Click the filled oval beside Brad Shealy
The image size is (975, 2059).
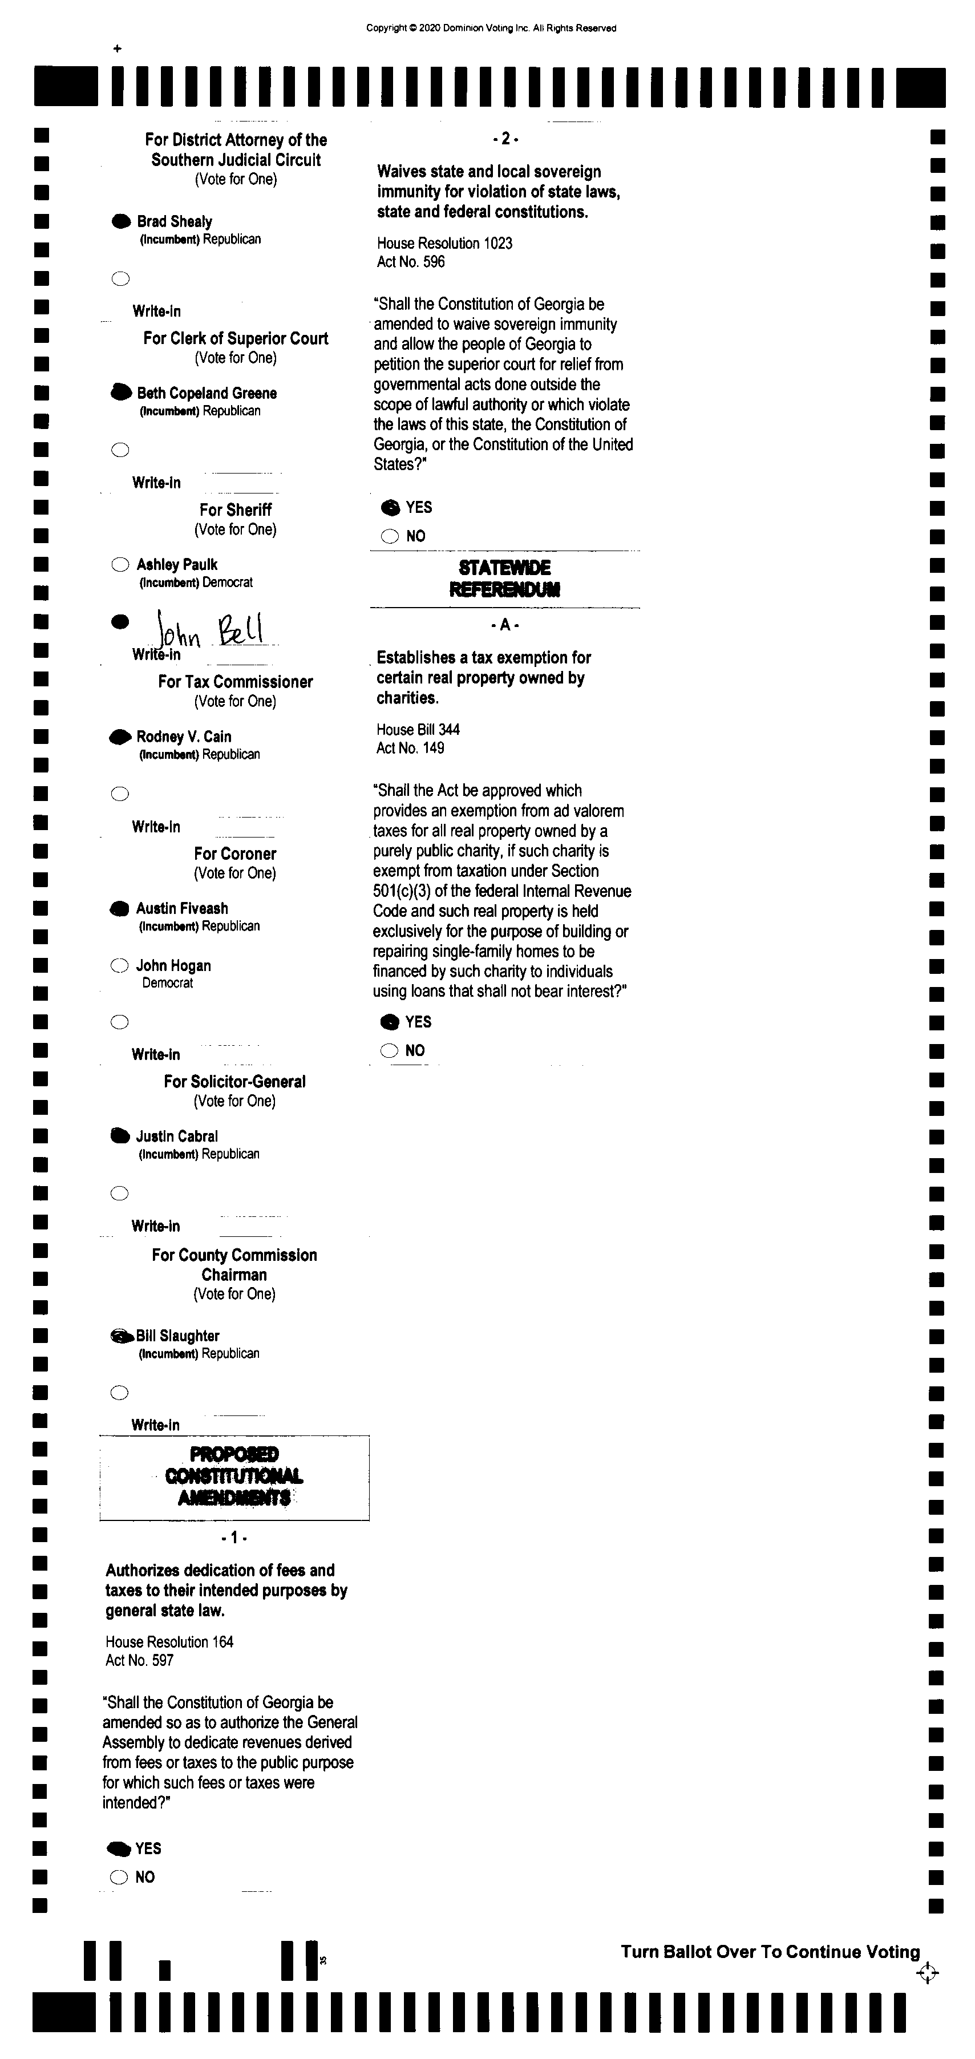(121, 221)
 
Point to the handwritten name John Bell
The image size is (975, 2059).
(211, 632)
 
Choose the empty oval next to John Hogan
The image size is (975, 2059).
(119, 965)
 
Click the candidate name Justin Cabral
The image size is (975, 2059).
(177, 1136)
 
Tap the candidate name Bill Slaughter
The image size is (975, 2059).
(177, 1336)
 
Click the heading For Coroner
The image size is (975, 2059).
(235, 853)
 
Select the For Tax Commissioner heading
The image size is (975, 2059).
(235, 682)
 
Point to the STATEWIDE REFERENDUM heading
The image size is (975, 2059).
(504, 579)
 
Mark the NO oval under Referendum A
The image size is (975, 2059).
(389, 1050)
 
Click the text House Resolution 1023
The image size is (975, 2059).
(444, 243)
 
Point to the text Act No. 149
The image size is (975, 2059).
(410, 748)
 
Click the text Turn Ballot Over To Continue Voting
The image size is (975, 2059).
(770, 1952)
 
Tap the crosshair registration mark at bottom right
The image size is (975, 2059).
(927, 1973)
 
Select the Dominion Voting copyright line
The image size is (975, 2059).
(491, 28)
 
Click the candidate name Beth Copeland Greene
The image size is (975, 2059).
(206, 393)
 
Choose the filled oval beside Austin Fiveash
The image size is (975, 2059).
(119, 909)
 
